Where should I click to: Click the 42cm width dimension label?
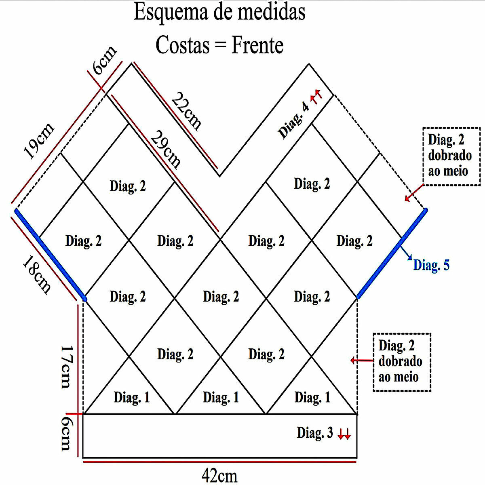219,475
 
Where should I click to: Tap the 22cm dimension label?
186,111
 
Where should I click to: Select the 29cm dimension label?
166,149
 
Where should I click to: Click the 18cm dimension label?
37,274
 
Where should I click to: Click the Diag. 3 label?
315,432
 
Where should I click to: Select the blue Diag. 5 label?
431,265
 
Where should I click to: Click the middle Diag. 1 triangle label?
221,397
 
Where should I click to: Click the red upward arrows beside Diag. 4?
316,96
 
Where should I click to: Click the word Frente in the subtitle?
257,45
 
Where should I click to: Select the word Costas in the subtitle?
183,45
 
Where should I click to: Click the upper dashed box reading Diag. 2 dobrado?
451,156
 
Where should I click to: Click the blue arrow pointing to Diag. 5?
406,253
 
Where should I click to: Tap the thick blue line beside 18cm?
51,255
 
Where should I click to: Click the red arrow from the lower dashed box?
362,361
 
